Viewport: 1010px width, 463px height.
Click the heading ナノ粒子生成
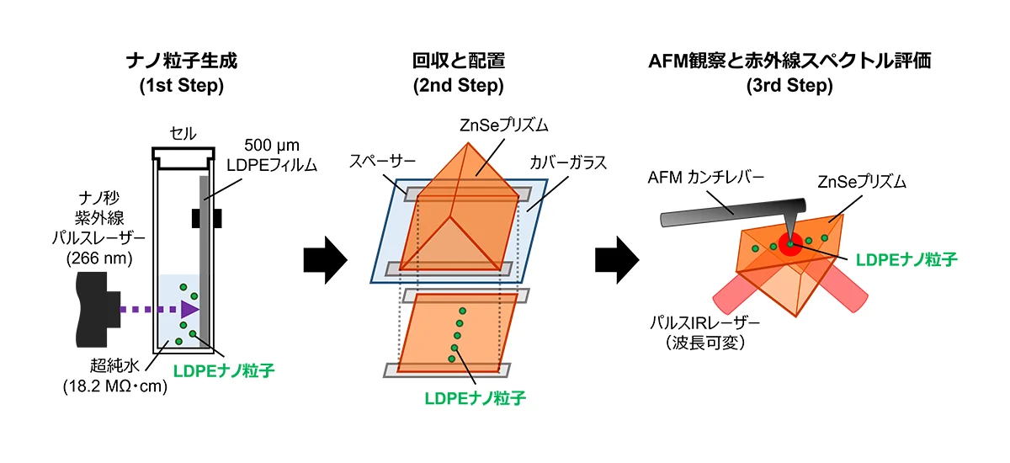tap(182, 61)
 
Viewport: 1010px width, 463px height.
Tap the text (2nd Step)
tap(459, 86)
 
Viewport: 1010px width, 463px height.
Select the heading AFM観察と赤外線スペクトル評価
tap(789, 61)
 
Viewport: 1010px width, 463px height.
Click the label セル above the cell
tap(183, 134)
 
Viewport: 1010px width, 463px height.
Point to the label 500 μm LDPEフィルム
tap(272, 155)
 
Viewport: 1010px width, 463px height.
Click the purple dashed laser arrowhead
tap(190, 310)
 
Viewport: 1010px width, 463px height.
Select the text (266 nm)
tap(99, 258)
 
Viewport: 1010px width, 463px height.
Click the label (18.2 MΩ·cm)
tap(115, 386)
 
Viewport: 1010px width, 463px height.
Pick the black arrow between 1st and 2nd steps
tap(325, 260)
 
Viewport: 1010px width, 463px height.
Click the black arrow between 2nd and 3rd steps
tap(617, 260)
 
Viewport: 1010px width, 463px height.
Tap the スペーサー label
tap(382, 162)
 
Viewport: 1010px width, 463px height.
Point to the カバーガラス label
tap(568, 162)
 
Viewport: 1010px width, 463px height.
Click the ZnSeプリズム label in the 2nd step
tap(503, 125)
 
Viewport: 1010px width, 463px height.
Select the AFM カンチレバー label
tap(705, 178)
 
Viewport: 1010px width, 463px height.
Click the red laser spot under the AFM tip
tap(790, 244)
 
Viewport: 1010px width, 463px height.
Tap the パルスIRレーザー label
tap(704, 322)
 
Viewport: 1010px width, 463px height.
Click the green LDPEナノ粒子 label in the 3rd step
tap(906, 259)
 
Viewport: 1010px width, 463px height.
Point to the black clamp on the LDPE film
tap(206, 218)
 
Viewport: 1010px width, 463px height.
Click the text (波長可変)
tap(704, 343)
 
